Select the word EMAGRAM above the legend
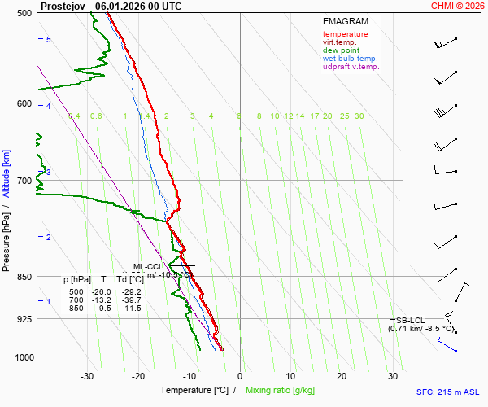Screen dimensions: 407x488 pos(345,20)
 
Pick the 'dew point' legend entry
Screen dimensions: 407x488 pos(341,50)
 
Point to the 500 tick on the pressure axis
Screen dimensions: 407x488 pos(23,14)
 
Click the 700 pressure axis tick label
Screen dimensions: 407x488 pos(23,181)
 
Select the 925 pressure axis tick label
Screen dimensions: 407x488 pos(23,319)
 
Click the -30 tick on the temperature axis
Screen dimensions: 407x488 pos(87,376)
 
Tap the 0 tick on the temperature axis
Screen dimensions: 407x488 pos(240,376)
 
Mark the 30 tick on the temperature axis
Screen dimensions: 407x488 pos(392,376)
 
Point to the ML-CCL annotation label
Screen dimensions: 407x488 pos(149,266)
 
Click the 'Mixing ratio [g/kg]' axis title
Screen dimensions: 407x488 pos(282,391)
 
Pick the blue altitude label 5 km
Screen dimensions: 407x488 pos(49,40)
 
